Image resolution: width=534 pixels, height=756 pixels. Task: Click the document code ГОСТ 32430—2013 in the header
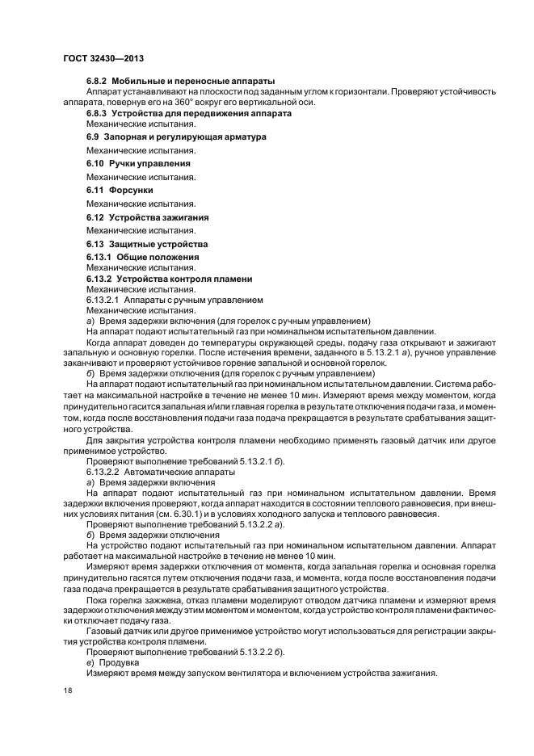tap(103, 58)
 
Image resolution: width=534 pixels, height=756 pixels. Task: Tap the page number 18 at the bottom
tap(67, 691)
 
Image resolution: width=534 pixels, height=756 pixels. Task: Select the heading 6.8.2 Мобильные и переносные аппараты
tap(181, 82)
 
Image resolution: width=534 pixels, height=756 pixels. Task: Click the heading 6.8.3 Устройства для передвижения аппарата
tap(189, 114)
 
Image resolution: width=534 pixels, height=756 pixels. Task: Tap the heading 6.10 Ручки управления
tap(138, 163)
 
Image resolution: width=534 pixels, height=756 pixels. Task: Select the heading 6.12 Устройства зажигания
tap(148, 217)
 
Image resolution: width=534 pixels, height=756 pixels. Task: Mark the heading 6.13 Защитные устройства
tap(147, 244)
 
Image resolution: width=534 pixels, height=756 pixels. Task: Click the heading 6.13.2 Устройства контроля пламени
tap(170, 279)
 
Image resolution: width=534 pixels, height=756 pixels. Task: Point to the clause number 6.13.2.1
tap(104, 300)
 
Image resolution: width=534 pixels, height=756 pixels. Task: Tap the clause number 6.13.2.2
tap(104, 470)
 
